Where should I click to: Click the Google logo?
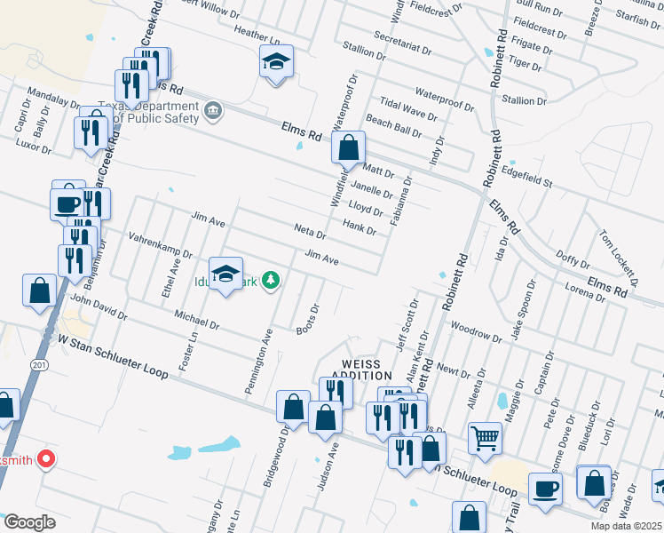coord(29,522)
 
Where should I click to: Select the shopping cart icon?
coord(485,436)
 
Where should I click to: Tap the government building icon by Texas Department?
coord(213,111)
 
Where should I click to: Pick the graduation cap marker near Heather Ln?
coord(276,62)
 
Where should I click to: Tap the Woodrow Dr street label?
coord(477,331)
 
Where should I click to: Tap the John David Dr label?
coord(99,308)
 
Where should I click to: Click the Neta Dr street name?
coord(311,229)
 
